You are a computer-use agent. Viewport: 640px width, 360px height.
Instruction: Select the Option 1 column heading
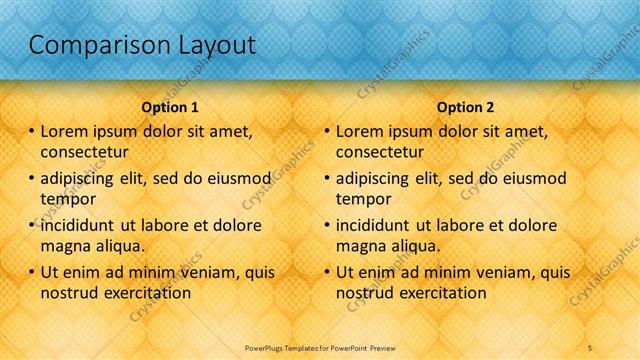170,106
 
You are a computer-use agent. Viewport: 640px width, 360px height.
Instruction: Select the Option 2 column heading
465,106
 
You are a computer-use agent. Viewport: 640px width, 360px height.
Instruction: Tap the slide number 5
590,347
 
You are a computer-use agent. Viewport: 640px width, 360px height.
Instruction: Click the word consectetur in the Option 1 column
85,152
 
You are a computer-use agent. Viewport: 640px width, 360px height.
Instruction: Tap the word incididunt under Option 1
82,225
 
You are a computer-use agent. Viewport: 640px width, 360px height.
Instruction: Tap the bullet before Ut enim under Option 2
327,272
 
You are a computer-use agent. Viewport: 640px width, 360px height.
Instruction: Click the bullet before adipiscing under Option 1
32,179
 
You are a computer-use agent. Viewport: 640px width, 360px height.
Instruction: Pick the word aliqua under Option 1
120,245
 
